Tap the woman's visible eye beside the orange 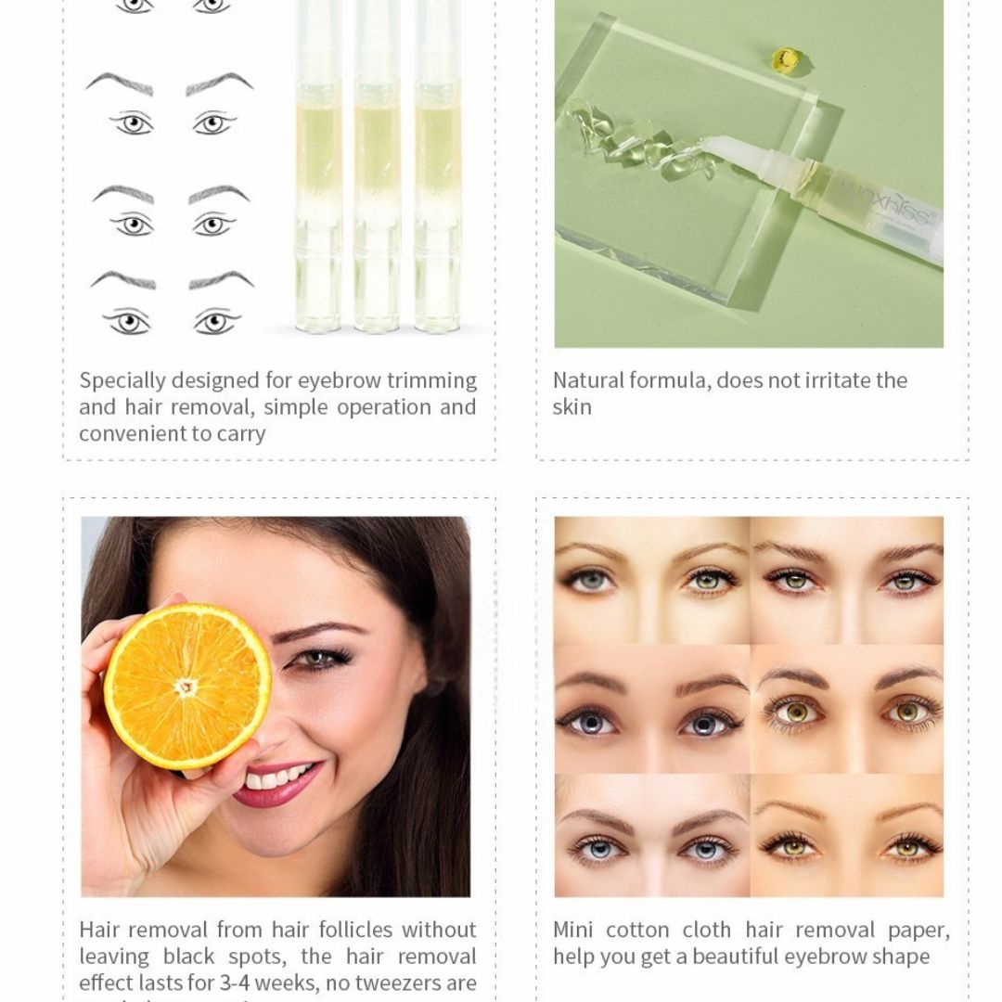[320, 659]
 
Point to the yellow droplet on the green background [785, 59]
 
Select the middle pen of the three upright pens [377, 167]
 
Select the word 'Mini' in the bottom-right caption [572, 930]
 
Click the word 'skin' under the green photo [572, 407]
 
